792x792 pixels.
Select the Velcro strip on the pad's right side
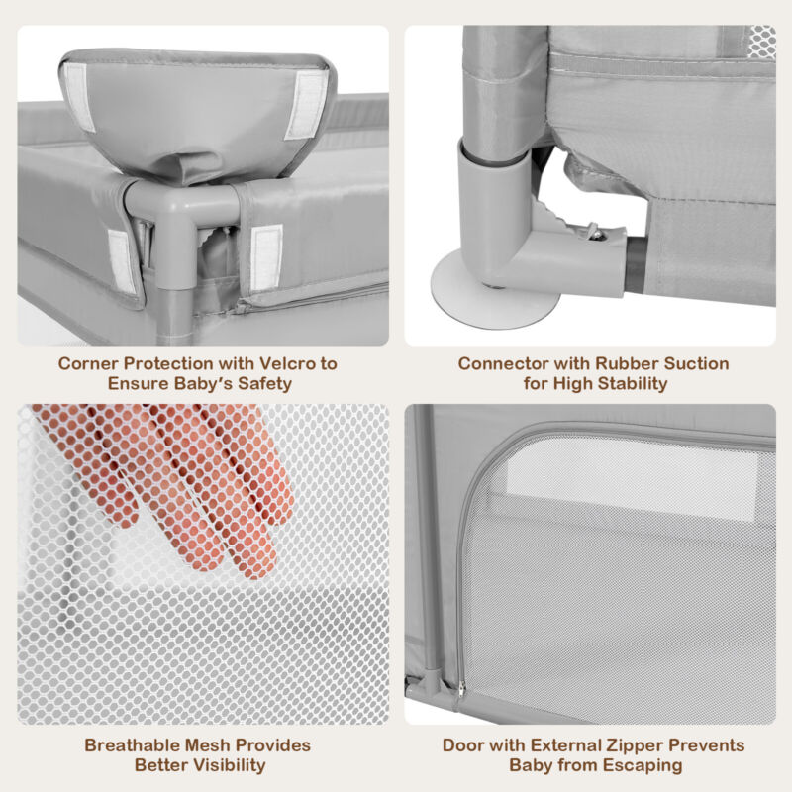pyautogui.click(x=307, y=104)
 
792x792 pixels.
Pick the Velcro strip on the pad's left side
pyautogui.click(x=79, y=97)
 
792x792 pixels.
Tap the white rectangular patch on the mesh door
pyautogui.click(x=633, y=484)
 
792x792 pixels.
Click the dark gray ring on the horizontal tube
pyautogui.click(x=637, y=264)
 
